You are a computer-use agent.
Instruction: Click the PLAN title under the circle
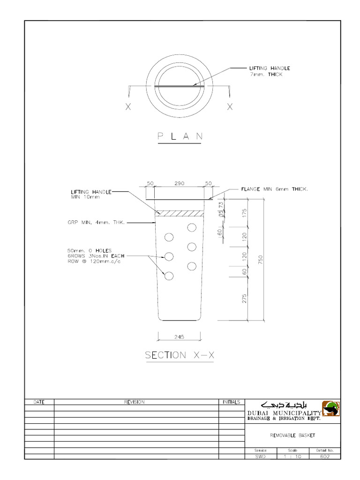tap(180, 136)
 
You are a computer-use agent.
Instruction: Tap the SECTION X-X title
tap(180, 355)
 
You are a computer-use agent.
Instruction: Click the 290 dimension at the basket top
tap(179, 184)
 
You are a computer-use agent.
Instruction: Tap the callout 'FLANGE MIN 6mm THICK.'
tap(274, 189)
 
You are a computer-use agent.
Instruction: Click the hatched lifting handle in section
tap(180, 213)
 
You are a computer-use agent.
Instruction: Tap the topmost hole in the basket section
tap(191, 228)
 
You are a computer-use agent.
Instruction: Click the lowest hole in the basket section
tap(169, 276)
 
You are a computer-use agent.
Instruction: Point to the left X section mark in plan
tap(128, 107)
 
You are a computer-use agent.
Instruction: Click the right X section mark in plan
tap(230, 107)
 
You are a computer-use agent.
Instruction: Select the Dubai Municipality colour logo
tap(330, 408)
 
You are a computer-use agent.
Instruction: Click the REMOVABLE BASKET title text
tap(293, 435)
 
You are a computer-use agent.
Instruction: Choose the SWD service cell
tap(260, 456)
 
